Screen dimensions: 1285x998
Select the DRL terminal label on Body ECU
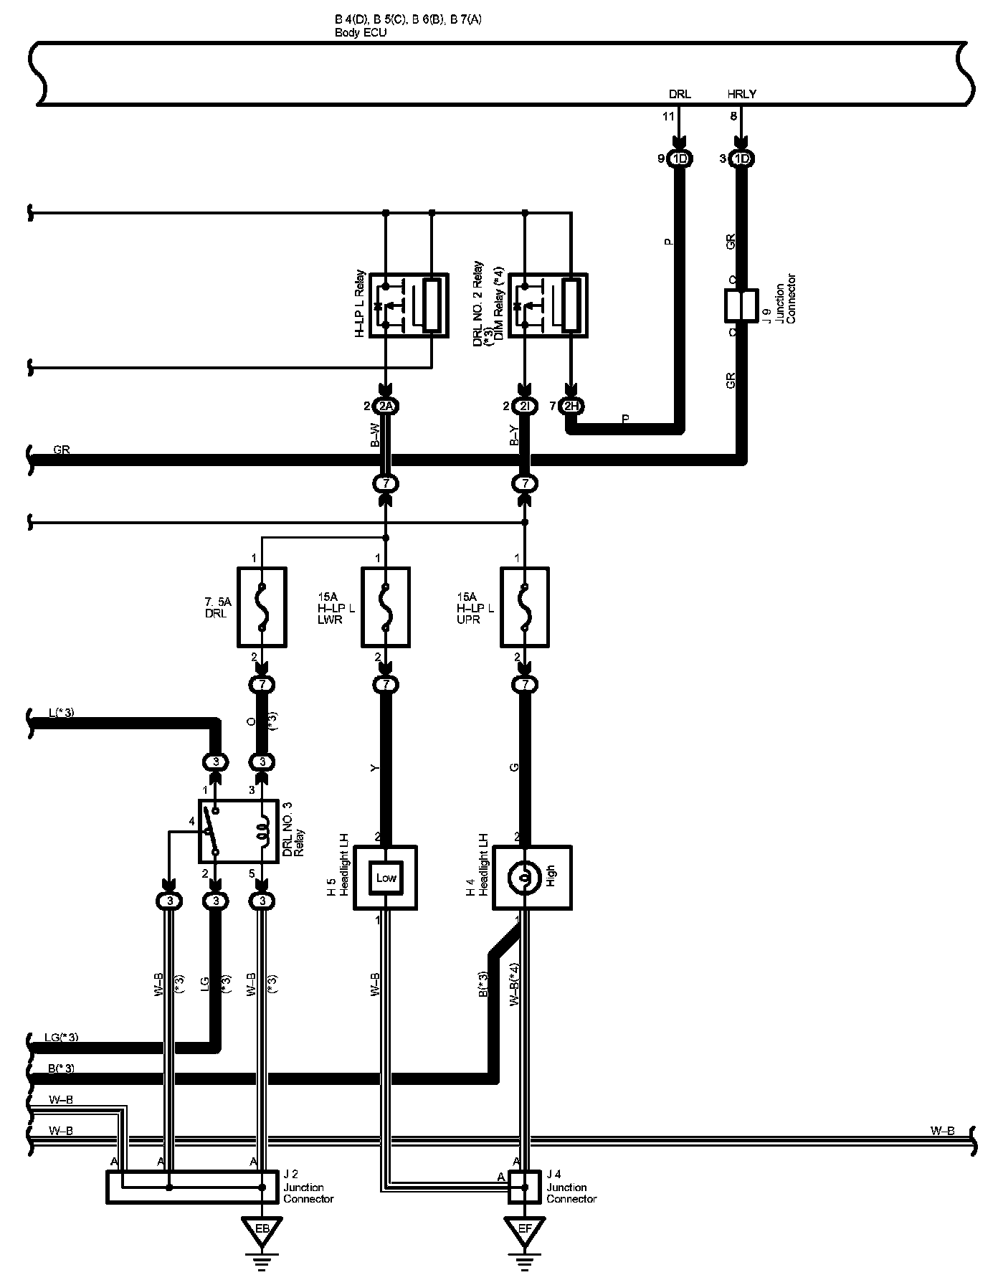point(680,94)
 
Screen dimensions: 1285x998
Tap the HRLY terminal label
point(741,94)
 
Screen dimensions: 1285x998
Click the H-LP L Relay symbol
point(409,305)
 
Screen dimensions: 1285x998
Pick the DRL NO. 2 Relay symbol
point(548,305)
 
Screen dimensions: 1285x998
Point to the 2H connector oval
point(572,407)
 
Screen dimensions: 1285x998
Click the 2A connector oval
point(386,407)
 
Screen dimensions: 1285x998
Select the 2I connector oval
point(526,407)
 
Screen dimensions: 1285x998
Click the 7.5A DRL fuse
point(262,607)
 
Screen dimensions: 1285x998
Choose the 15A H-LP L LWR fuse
point(386,607)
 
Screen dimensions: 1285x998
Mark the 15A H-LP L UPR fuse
point(525,607)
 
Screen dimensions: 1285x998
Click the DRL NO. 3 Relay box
point(238,831)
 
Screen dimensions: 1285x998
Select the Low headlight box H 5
point(386,878)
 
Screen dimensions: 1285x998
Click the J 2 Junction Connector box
point(192,1187)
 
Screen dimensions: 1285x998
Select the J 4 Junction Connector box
point(525,1187)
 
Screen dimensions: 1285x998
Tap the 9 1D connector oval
point(680,159)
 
